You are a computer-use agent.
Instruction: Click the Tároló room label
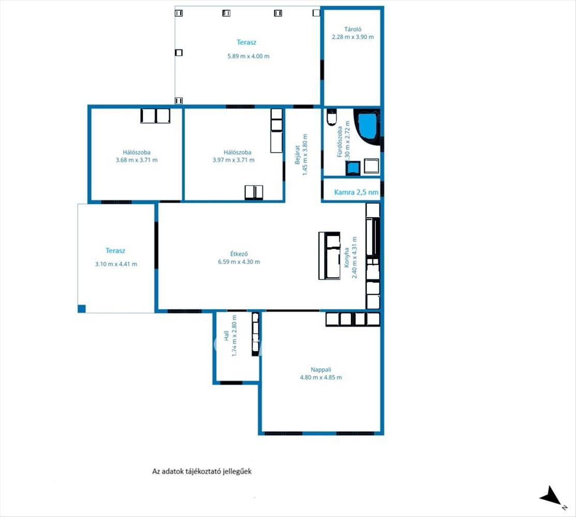coord(352,29)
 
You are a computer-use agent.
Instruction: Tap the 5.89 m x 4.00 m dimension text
coord(248,56)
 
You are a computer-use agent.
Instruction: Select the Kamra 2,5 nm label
coord(356,192)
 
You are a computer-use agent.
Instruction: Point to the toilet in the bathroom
coord(332,117)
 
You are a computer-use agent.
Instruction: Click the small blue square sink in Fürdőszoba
coord(352,168)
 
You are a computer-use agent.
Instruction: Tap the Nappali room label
coord(321,370)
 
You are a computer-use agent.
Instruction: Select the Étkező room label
coord(239,254)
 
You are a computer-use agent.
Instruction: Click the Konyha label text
coord(346,257)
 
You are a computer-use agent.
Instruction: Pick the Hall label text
coord(226,336)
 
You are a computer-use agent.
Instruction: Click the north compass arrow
coord(550,496)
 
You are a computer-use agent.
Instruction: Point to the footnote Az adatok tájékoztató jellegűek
coord(202,471)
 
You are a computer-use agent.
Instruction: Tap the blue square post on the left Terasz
coord(82,309)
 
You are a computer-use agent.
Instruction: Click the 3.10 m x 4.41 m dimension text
coord(116,264)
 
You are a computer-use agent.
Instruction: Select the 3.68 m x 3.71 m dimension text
coord(137,160)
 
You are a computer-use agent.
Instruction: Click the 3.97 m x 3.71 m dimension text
coord(233,160)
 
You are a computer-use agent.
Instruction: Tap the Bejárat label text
coord(298,155)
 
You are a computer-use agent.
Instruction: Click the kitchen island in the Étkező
coord(329,255)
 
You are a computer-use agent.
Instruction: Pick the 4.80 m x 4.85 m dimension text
coord(321,377)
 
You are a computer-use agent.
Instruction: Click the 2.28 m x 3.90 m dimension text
coord(352,37)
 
